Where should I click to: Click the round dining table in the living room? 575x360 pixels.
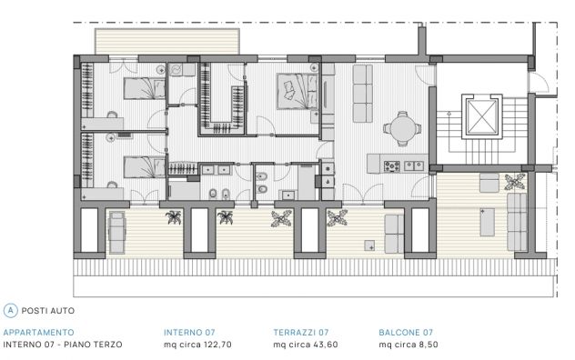point(402,128)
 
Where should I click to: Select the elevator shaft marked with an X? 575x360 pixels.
point(482,116)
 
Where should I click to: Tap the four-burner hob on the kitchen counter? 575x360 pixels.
point(391,166)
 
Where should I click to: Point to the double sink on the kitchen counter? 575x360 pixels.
point(414,166)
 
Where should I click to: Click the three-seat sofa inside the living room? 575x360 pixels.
point(363,94)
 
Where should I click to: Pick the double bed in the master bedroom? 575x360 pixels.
point(298,91)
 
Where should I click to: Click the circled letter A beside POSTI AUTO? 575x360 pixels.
point(10,311)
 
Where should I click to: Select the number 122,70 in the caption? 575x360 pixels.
point(217,345)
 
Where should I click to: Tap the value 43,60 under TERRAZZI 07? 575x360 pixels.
point(326,345)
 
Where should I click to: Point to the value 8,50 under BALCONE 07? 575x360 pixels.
point(429,345)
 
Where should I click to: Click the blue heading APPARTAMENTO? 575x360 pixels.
point(38,333)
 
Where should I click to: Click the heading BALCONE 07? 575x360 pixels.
point(406,333)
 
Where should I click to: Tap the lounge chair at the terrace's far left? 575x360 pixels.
point(117,233)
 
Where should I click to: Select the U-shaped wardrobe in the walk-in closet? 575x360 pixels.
point(222,99)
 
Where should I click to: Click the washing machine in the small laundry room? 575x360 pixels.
point(176,70)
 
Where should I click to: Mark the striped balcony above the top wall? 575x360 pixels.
point(167,42)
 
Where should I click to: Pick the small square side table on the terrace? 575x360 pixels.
point(369,245)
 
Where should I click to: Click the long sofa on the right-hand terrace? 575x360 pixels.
point(517,222)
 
